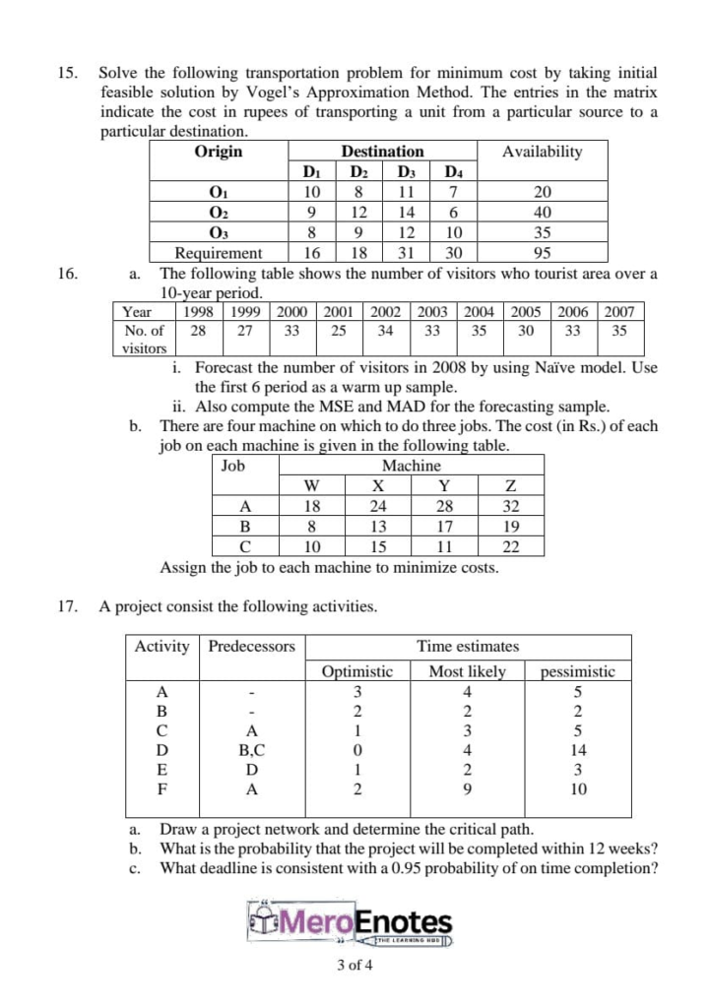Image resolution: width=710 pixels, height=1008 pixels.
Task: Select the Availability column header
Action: pos(542,152)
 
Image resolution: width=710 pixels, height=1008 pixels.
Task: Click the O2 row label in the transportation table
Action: pos(218,212)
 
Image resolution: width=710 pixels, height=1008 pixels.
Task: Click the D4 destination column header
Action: pos(453,172)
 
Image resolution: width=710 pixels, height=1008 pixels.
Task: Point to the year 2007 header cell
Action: pos(620,312)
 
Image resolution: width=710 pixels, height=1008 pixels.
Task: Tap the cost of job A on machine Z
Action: pos(510,506)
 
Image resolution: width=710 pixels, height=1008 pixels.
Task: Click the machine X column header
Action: pos(377,485)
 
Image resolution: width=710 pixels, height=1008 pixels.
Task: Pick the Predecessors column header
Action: pos(251,647)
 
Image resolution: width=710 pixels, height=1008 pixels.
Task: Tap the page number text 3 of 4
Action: pos(355,965)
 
